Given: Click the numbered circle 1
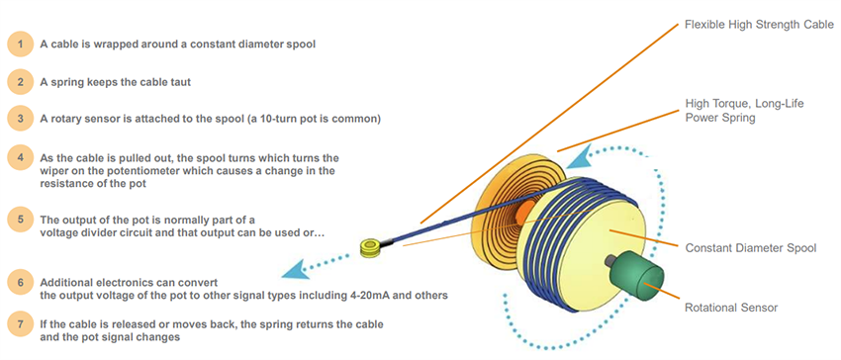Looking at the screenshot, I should click(18, 45).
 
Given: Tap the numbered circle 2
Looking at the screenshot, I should click(18, 81).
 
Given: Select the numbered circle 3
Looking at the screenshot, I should click(18, 119).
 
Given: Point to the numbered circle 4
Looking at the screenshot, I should click(18, 158).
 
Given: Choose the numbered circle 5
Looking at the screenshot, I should click(18, 218).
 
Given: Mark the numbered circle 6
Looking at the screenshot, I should click(18, 282).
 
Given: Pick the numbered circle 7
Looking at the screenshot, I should click(18, 324).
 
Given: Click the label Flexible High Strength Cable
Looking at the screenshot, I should click(759, 23).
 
